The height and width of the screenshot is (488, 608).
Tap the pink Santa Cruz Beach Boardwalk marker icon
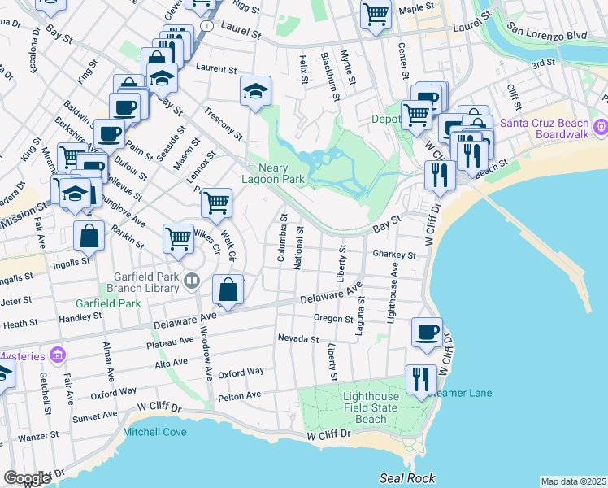pos(601,127)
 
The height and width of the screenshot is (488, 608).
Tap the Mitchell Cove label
pos(154,433)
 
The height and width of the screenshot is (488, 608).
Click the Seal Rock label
pos(406,478)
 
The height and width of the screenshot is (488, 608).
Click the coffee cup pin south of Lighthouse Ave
pos(427,331)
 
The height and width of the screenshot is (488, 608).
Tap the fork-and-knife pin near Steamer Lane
pos(420,379)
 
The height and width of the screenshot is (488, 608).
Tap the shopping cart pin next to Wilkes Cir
pos(178,237)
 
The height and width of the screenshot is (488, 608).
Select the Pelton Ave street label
pos(240,396)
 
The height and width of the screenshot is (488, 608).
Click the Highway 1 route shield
pos(209,27)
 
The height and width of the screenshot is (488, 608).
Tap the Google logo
pos(27,478)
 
